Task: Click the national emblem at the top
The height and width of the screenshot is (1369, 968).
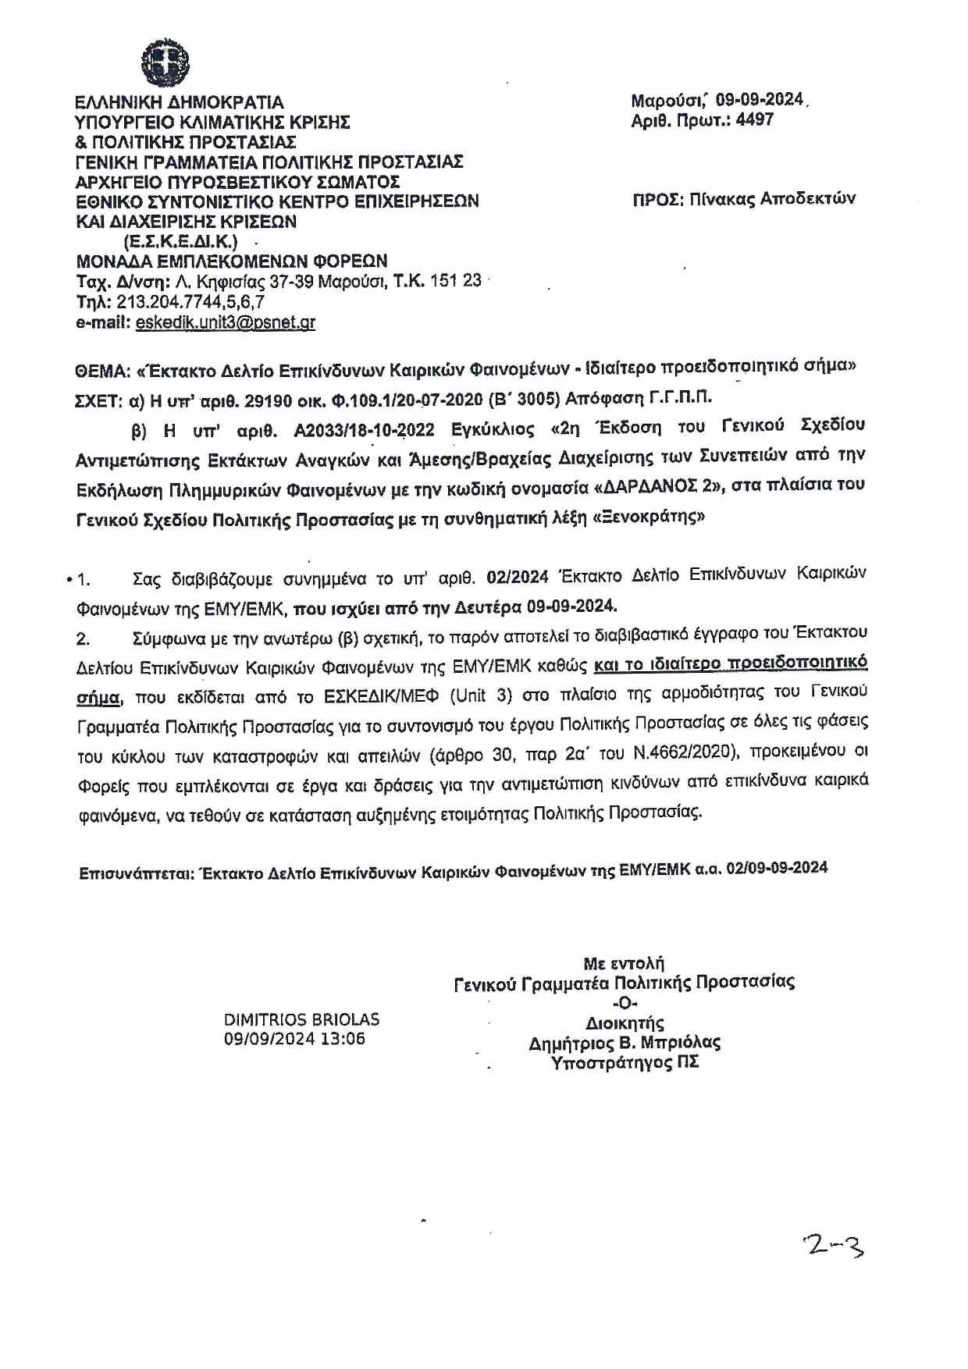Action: coord(165,61)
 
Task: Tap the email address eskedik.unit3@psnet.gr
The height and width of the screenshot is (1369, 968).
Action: coord(225,322)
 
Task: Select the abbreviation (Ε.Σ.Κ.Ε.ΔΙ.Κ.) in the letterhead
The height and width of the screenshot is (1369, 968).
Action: coord(180,240)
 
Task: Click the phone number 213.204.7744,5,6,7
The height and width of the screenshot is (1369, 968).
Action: coord(190,301)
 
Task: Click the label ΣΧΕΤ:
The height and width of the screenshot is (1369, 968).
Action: coord(98,400)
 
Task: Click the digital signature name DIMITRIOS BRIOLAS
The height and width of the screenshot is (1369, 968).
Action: coord(301,1019)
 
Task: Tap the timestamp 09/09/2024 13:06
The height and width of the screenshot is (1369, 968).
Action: coord(294,1039)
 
